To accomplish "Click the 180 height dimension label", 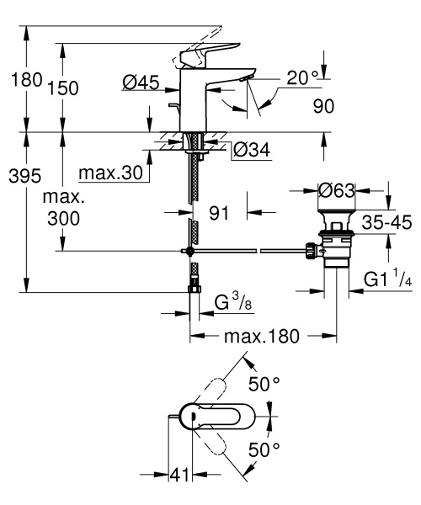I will click(21, 82).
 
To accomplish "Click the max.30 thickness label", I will click(110, 173).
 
